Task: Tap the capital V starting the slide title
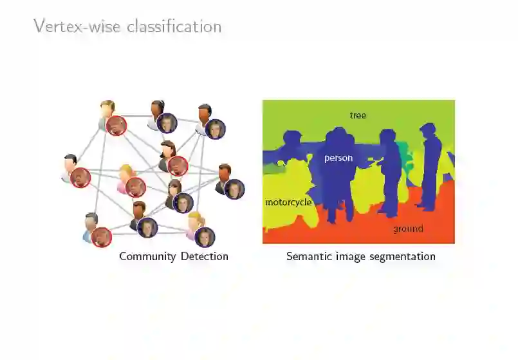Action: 39,26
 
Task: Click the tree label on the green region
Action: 358,115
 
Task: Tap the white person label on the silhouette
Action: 338,158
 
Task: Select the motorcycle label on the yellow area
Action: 288,202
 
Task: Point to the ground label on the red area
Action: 408,229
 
